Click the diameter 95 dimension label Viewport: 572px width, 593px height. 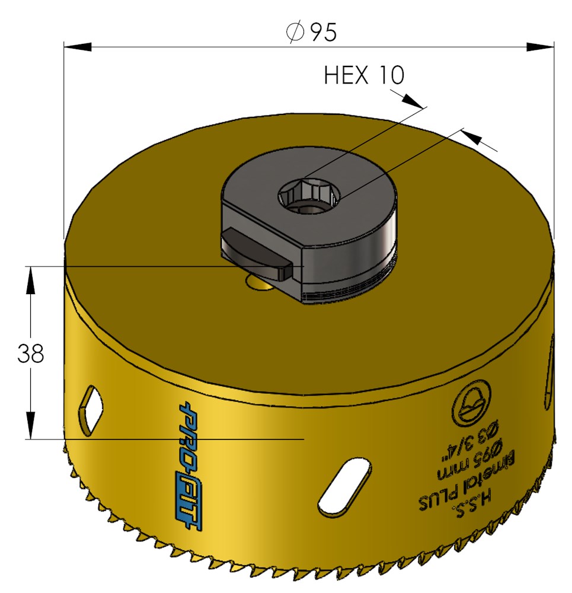[311, 32]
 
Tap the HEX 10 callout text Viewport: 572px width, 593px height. [364, 75]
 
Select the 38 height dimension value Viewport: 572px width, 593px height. [31, 353]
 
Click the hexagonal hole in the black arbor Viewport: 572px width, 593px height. [308, 196]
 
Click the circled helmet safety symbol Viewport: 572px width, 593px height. [471, 403]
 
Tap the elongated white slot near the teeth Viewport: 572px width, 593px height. [344, 486]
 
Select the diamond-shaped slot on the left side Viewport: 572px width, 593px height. [90, 410]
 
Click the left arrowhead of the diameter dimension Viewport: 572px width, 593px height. [78, 47]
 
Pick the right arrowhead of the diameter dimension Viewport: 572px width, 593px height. [540, 47]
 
